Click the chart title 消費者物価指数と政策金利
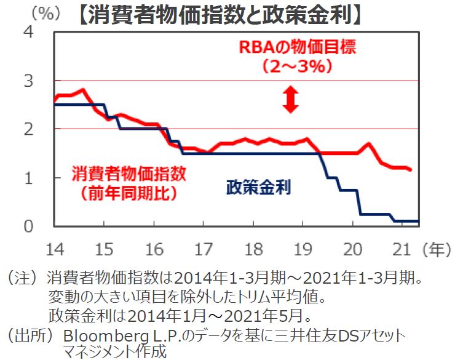tap(220, 15)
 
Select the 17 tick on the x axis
tap(204, 249)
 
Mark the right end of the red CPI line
tap(411, 169)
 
